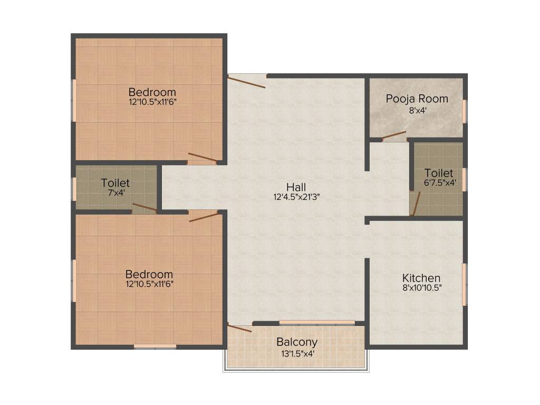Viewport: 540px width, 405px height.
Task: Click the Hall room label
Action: pos(296,187)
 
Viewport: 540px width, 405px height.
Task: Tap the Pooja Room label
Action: pos(417,99)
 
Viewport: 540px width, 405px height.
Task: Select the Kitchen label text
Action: pos(421,278)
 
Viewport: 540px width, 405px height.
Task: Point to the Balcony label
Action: pos(297,342)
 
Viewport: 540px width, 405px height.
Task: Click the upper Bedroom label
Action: pos(152,92)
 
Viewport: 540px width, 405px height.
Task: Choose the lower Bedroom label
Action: pos(149,274)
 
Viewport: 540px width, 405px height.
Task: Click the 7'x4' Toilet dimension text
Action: pos(115,192)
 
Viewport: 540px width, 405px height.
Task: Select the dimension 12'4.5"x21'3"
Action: pos(296,196)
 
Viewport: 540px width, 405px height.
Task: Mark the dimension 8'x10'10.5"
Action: pos(421,287)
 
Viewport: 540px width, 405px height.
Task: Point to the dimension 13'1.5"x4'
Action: pos(297,353)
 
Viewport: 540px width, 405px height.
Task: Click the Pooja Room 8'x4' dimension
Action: pos(417,110)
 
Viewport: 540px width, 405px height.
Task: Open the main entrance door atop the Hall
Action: pos(247,82)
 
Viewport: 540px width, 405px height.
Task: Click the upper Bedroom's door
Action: pos(202,157)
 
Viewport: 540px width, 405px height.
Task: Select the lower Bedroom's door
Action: pos(203,217)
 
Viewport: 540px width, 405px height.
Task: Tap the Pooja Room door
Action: pos(394,136)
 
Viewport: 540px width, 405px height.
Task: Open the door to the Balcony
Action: pos(239,328)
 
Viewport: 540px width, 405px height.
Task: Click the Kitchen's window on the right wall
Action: pos(464,284)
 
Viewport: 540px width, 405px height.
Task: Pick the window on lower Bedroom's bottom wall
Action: pos(155,346)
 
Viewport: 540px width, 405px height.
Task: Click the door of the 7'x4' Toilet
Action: pos(144,207)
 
